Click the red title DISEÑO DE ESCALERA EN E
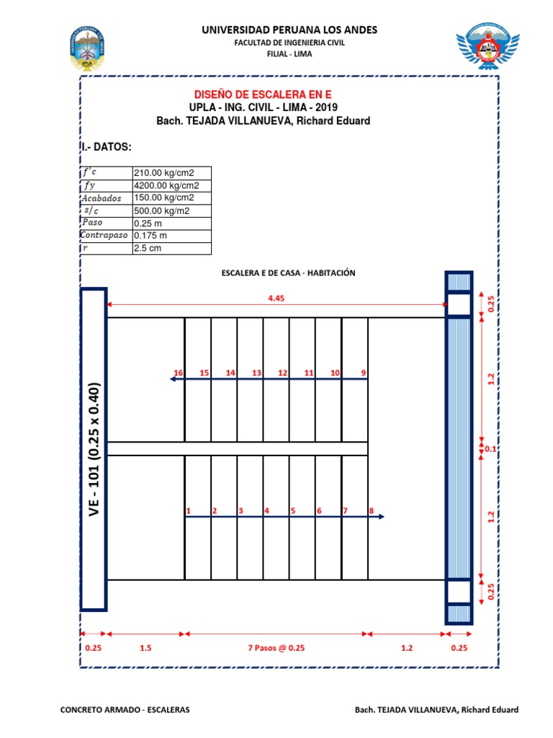click(264, 94)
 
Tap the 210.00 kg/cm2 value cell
click(171, 173)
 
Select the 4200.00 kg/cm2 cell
click(171, 185)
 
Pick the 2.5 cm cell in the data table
click(171, 249)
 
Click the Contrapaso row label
click(106, 236)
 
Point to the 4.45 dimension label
click(276, 298)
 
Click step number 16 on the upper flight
click(179, 373)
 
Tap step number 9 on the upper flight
click(364, 373)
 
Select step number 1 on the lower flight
click(188, 511)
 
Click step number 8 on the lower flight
click(372, 511)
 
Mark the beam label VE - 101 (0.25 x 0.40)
click(94, 450)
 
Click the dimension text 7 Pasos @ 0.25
click(276, 647)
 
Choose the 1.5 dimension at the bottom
click(146, 647)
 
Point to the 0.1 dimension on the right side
click(491, 449)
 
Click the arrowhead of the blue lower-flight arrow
click(381, 517)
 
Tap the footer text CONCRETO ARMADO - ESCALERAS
click(125, 710)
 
